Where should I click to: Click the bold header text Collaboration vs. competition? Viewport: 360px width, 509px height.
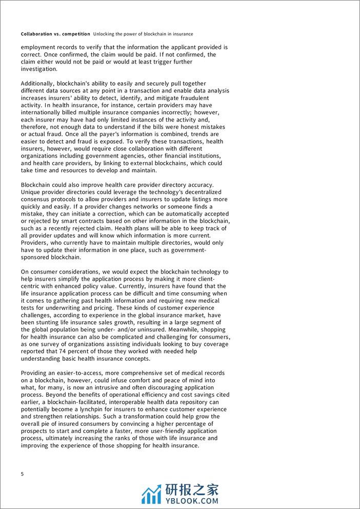pos(55,34)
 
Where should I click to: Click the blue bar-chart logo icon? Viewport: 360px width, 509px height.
pos(151,493)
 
